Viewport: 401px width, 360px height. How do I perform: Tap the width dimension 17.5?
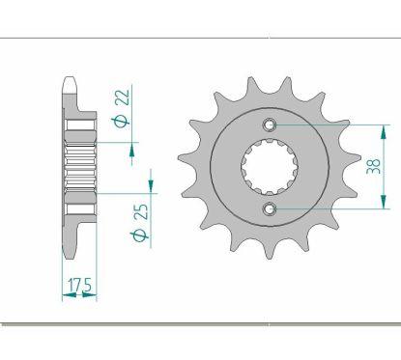pos(80,286)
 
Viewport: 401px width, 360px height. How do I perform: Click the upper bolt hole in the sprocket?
pos(270,124)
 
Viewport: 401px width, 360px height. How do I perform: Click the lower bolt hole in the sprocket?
pos(270,209)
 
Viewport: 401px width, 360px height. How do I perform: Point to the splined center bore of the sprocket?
pos(270,167)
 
